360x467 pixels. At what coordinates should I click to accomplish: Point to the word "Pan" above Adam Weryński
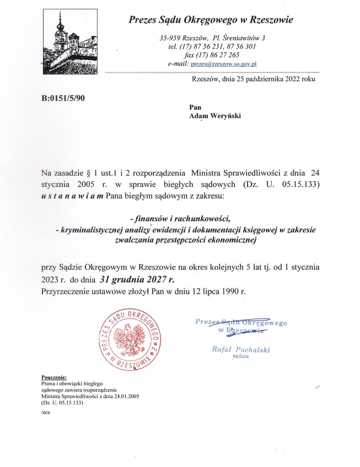tap(195, 108)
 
